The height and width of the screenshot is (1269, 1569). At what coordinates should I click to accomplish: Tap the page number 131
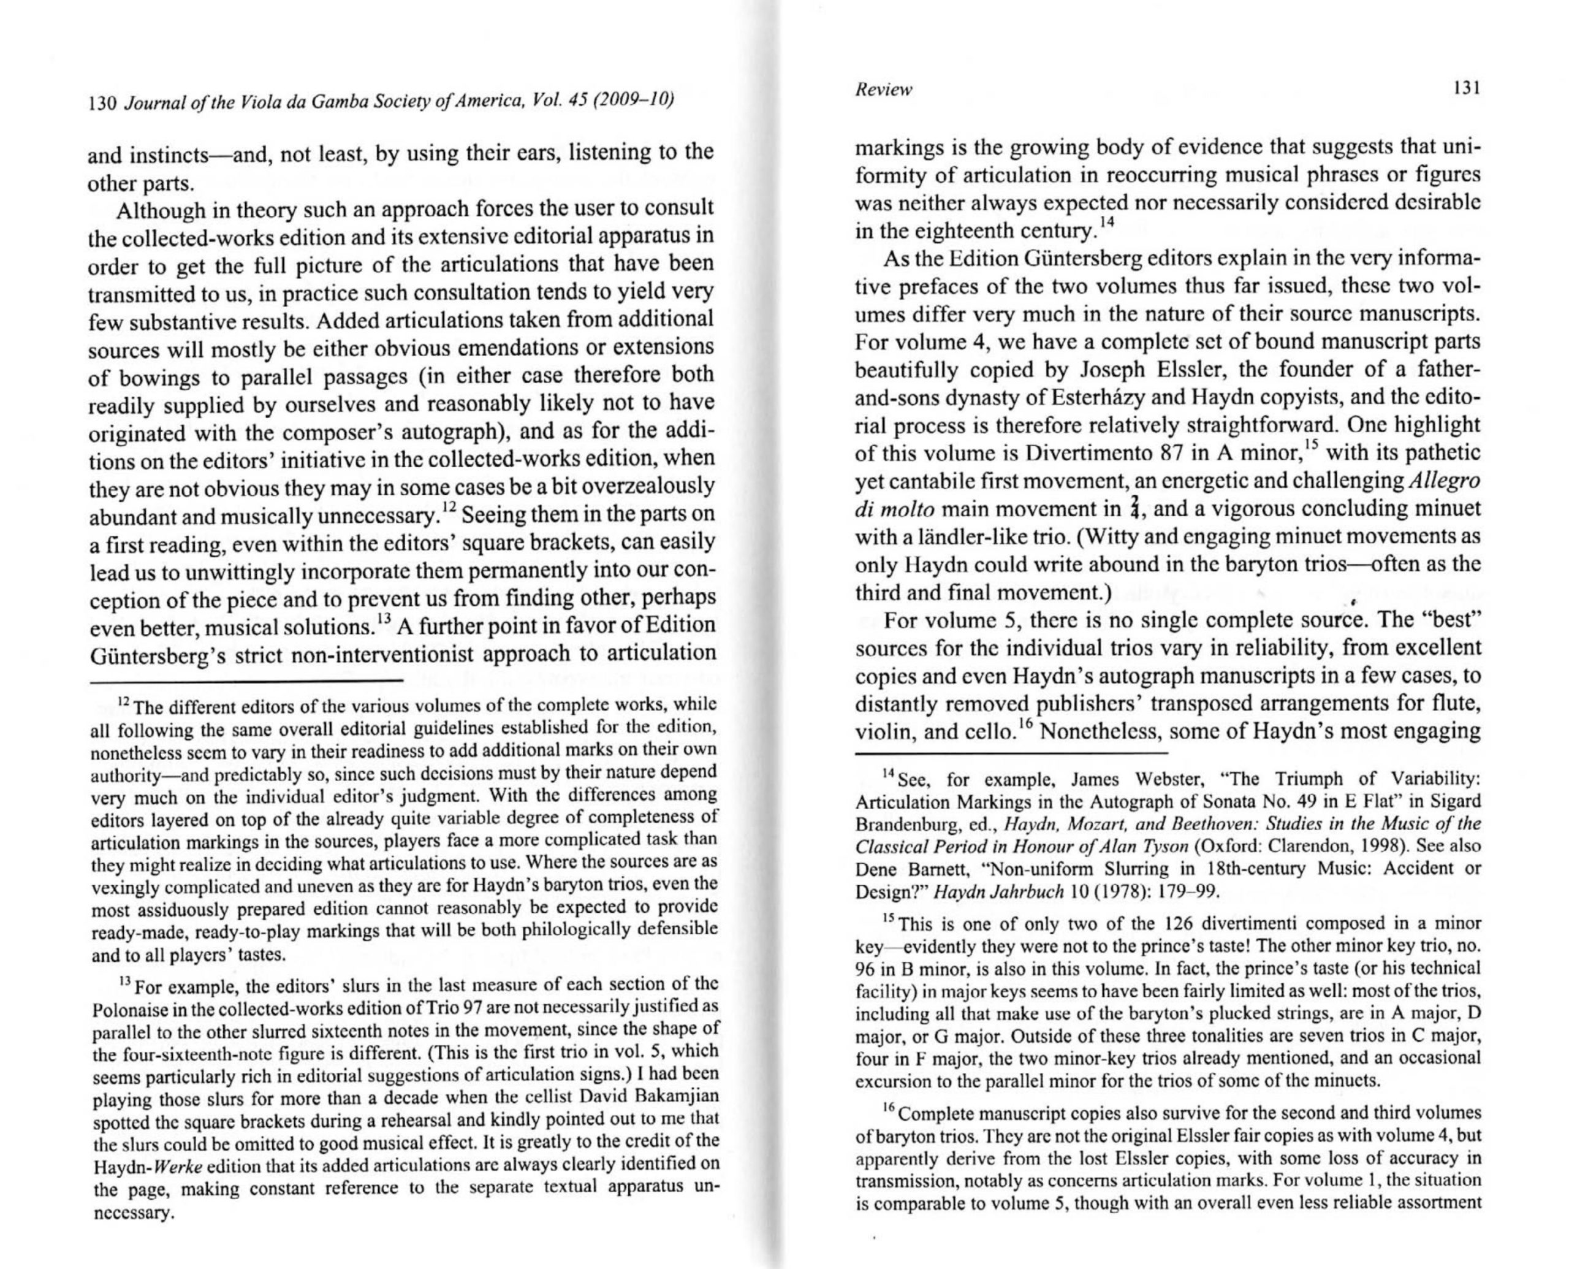[1467, 88]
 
